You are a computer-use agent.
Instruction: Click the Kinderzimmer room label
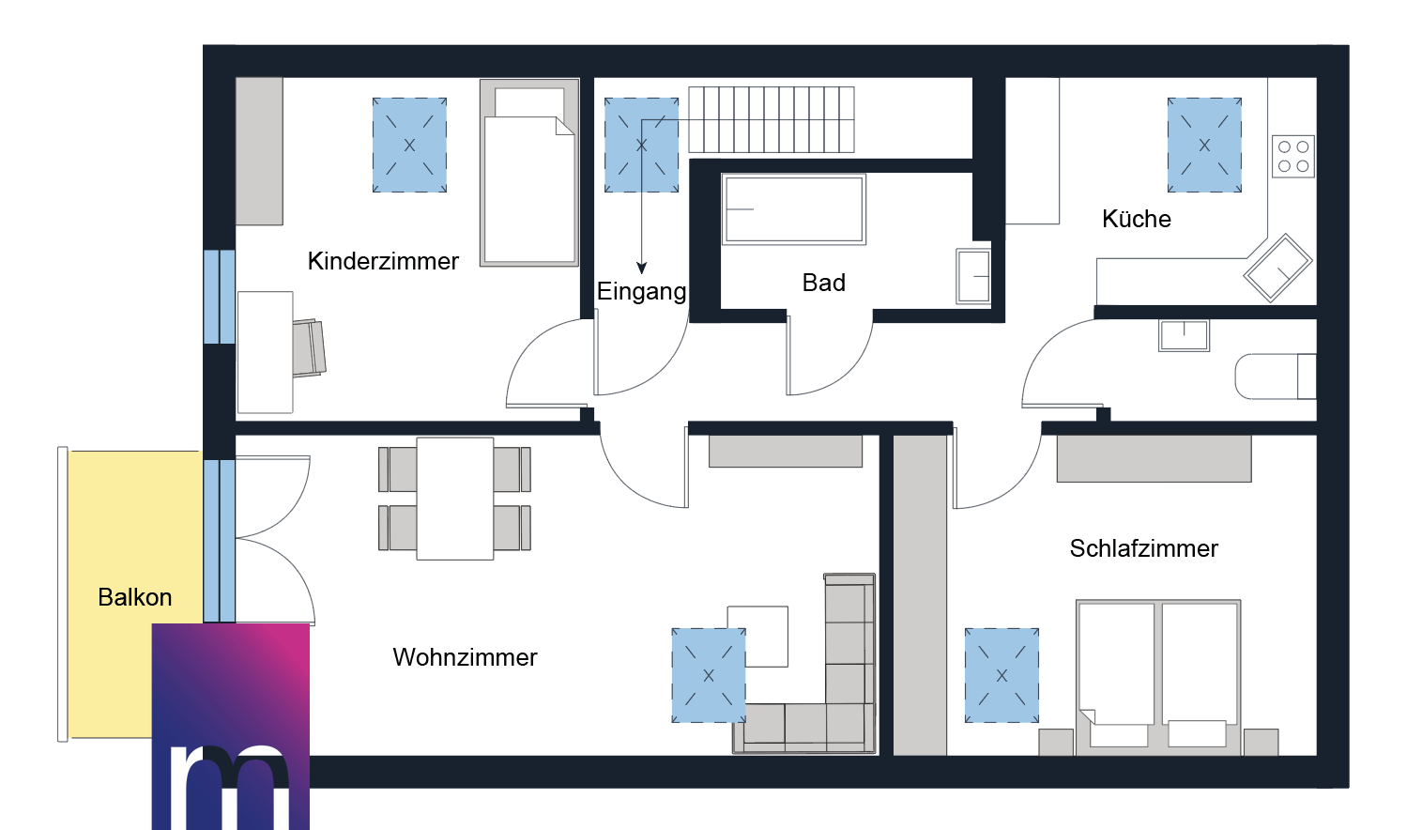[383, 261]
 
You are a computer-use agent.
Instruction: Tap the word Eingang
[641, 291]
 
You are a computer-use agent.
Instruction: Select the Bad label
[823, 283]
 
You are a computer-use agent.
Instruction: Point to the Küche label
[1136, 219]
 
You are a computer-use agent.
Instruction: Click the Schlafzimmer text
[1143, 548]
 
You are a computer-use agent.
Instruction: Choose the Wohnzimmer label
[465, 657]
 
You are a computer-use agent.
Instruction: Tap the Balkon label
[134, 597]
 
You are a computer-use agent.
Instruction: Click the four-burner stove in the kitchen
[1292, 157]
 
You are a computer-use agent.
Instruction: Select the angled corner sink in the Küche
[1277, 268]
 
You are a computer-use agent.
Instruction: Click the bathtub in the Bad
[793, 209]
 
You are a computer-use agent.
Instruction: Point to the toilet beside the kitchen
[1275, 377]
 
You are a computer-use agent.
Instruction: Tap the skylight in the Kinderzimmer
[409, 146]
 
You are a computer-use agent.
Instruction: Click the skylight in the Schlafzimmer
[1002, 675]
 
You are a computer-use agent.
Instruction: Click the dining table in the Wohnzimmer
[455, 499]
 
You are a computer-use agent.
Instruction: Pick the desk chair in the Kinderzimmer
[309, 348]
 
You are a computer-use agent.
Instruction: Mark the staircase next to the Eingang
[772, 119]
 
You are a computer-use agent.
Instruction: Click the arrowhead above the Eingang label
[641, 269]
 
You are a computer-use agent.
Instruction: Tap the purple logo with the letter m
[231, 726]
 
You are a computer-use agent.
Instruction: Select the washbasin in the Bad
[973, 276]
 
